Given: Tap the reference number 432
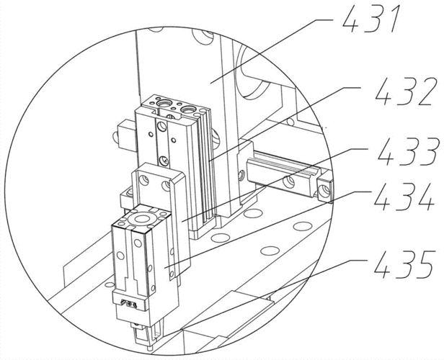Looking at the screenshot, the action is pyautogui.click(x=404, y=91).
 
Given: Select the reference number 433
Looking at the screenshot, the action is pyautogui.click(x=407, y=152).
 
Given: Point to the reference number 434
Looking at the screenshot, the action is pyautogui.click(x=404, y=197).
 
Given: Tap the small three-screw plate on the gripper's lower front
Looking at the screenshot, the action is pyautogui.click(x=129, y=304).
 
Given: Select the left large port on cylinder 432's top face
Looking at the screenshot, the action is pyautogui.click(x=164, y=103).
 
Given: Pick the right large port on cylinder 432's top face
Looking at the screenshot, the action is pyautogui.click(x=188, y=108).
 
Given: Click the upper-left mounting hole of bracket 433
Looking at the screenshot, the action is pyautogui.click(x=144, y=180).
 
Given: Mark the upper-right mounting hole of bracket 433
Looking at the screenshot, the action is pyautogui.click(x=166, y=186).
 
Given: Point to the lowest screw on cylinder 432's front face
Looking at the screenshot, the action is pyautogui.click(x=164, y=161).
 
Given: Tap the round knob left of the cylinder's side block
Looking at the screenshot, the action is pyautogui.click(x=115, y=138).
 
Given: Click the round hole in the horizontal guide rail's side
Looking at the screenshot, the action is pyautogui.click(x=288, y=182).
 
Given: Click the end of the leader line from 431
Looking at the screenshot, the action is pyautogui.click(x=210, y=83).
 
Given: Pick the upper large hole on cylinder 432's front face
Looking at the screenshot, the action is pyautogui.click(x=162, y=126).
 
